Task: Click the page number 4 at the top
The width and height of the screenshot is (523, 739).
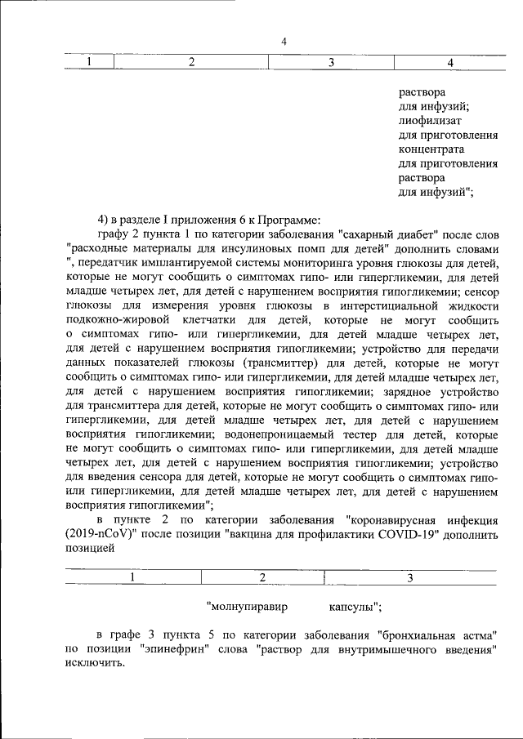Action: pos(284,42)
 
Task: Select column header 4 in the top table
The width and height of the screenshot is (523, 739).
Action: pos(450,63)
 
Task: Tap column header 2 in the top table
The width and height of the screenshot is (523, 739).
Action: pos(191,63)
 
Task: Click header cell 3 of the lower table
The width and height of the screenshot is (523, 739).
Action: pos(410,577)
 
